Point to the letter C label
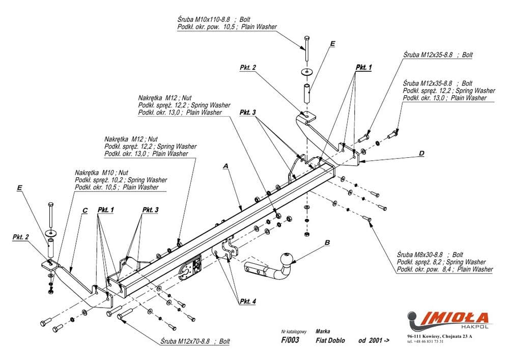(84, 210)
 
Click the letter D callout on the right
(421, 153)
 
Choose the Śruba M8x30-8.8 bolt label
(430, 254)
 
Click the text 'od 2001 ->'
(374, 340)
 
